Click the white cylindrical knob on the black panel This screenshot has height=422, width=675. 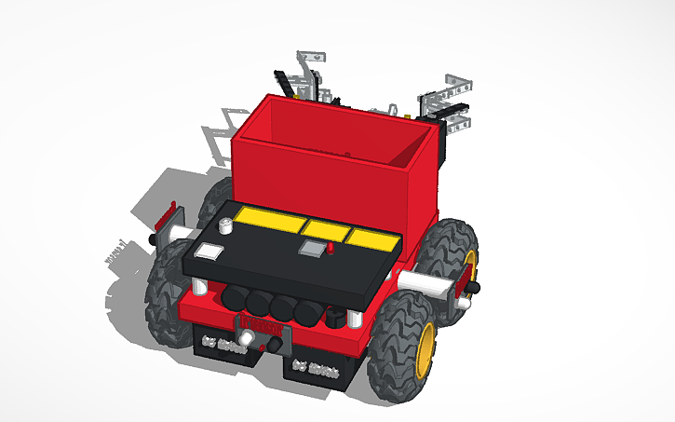pos(225,225)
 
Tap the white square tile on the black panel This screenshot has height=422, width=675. pos(209,250)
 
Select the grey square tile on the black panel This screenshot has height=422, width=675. pos(311,248)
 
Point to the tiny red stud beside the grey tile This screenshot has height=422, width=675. pos(331,250)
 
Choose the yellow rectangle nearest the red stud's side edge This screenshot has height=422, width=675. pos(371,239)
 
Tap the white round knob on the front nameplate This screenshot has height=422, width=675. pos(245,338)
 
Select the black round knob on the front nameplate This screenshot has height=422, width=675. pos(277,346)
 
